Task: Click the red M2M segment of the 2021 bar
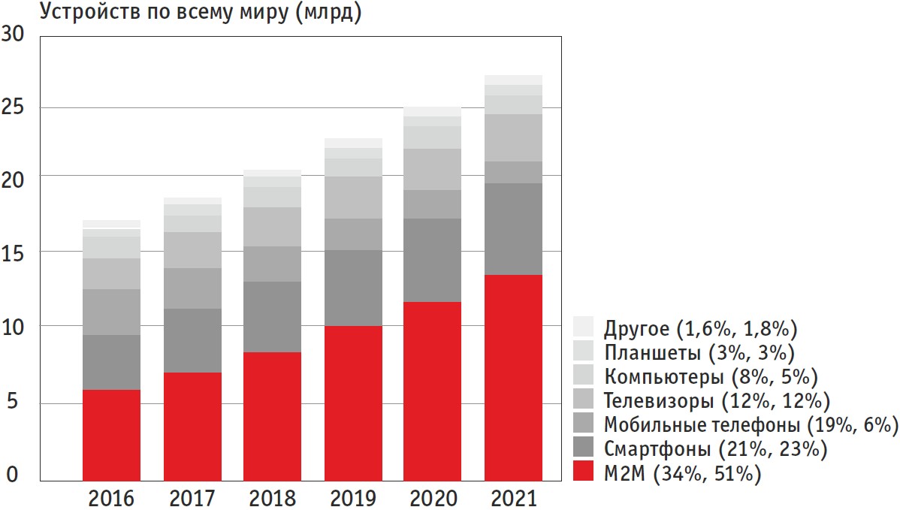tap(513, 377)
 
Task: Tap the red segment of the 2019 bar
tap(353, 403)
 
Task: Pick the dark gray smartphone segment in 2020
tap(433, 260)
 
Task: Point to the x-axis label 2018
tap(273, 498)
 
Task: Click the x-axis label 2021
tap(514, 498)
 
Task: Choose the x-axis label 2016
tap(111, 498)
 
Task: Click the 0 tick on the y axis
tap(11, 475)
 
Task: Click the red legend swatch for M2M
tap(584, 472)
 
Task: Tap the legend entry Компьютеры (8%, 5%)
tap(710, 375)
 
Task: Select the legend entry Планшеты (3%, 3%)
tap(699, 352)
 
